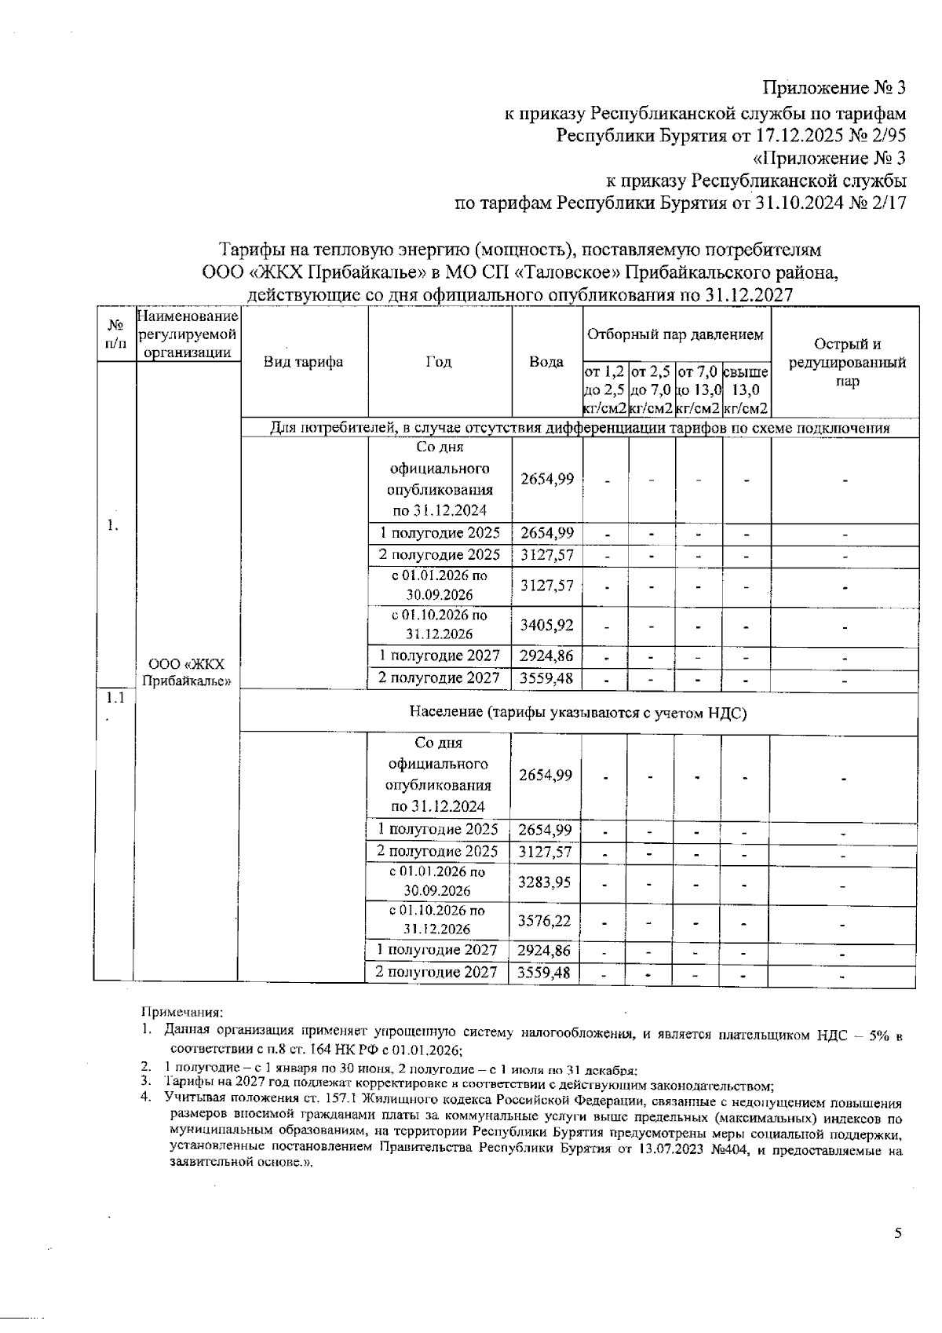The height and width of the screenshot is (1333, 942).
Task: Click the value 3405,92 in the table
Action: (546, 625)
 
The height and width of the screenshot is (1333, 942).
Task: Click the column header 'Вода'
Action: (546, 362)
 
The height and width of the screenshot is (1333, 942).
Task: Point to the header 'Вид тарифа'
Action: (303, 362)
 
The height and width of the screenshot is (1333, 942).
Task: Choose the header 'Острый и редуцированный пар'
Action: (846, 362)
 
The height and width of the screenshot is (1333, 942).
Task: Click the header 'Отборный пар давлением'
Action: (676, 334)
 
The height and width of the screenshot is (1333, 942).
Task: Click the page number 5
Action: (898, 1233)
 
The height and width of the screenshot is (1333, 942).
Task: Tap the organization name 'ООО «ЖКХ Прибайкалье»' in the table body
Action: (186, 671)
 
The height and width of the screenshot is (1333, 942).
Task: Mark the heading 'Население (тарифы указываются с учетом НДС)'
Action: (578, 712)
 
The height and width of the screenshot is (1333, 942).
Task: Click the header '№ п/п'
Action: (115, 334)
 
